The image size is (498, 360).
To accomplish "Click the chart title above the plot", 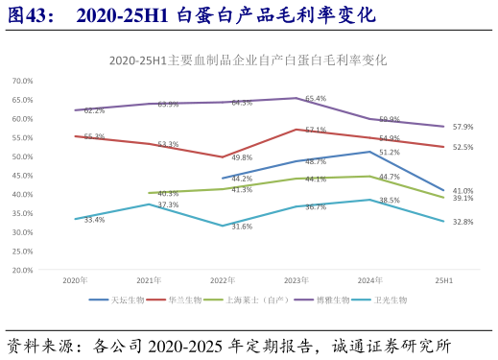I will coord(248,60).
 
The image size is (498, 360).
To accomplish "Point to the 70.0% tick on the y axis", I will coord(22,81).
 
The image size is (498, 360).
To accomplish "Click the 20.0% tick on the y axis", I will coord(22,270).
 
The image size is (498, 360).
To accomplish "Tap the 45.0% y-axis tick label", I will coord(22,176).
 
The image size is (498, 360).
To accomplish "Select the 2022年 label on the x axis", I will coord(223,280).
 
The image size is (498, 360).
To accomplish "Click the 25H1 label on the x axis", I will coord(443,280).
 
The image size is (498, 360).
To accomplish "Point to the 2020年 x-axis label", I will coord(75,280).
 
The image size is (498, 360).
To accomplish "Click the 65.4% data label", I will coord(316,99).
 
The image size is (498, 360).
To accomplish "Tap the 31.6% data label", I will coord(242,227).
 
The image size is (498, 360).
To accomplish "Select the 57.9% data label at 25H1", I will coord(463,127).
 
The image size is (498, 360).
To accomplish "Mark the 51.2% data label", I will coord(390,152).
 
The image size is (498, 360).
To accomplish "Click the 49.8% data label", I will coord(242,157).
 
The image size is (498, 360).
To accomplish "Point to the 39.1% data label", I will coord(463,198).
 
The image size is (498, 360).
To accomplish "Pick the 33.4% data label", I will coord(94,220).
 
